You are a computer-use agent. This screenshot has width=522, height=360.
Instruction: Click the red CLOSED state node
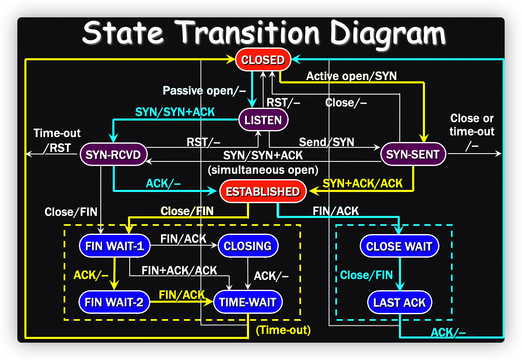pos(263,60)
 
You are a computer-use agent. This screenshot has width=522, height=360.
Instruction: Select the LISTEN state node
pos(263,120)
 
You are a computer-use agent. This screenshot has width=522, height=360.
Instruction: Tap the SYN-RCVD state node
pos(113,154)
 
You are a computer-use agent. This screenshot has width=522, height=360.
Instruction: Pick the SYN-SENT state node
pos(413,154)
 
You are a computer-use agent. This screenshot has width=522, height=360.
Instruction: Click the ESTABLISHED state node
pos(263,192)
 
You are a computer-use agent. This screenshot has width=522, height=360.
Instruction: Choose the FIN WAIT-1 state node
pos(114,246)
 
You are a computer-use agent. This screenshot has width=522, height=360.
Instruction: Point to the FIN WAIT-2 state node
pos(114,302)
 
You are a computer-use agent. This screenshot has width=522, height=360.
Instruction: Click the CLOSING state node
pos(248,246)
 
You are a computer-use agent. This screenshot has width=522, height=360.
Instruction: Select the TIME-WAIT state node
pos(248,302)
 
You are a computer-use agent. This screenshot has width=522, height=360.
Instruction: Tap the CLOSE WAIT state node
pos(399,246)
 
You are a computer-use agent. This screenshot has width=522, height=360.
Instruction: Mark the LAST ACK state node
pos(399,303)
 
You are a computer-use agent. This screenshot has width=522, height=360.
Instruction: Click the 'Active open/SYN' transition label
pos(351,76)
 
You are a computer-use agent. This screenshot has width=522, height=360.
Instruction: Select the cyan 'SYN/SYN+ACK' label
pos(175,112)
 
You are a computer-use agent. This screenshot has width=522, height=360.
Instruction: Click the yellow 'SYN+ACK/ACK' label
pos(363,183)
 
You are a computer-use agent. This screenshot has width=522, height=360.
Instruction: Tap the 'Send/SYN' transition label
pos(327,142)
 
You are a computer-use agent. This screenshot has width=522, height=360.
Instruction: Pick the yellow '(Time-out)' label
pos(283,330)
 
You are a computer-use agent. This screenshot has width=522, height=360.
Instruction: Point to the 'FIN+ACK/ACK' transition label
pos(179,270)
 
